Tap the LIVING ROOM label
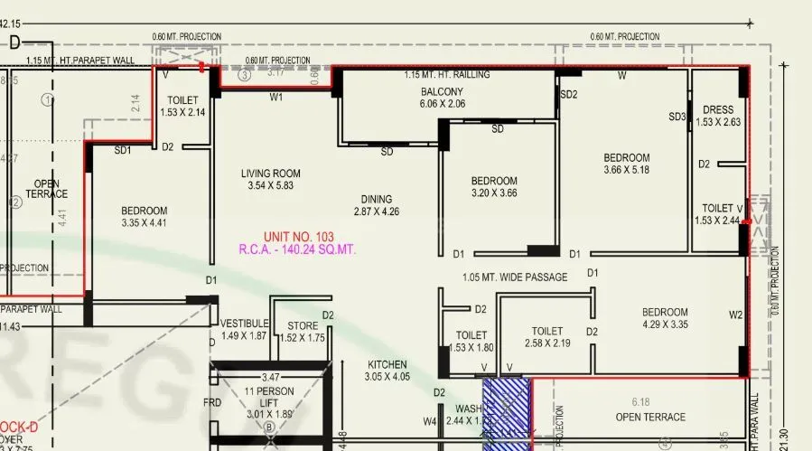coord(271,174)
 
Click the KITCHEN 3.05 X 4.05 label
coord(387,365)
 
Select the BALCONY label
coord(442,92)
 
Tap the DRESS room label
coord(718,110)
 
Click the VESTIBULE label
coord(244,324)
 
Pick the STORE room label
coord(303,325)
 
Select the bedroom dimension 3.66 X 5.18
coord(627,170)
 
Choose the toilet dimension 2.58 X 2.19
coord(547,343)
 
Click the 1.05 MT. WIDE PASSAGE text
coord(515,277)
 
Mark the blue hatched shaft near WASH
coord(506,412)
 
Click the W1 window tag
coord(276,96)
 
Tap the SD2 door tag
coord(569,94)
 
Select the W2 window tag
coord(735,315)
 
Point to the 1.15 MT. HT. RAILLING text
coord(447,75)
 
